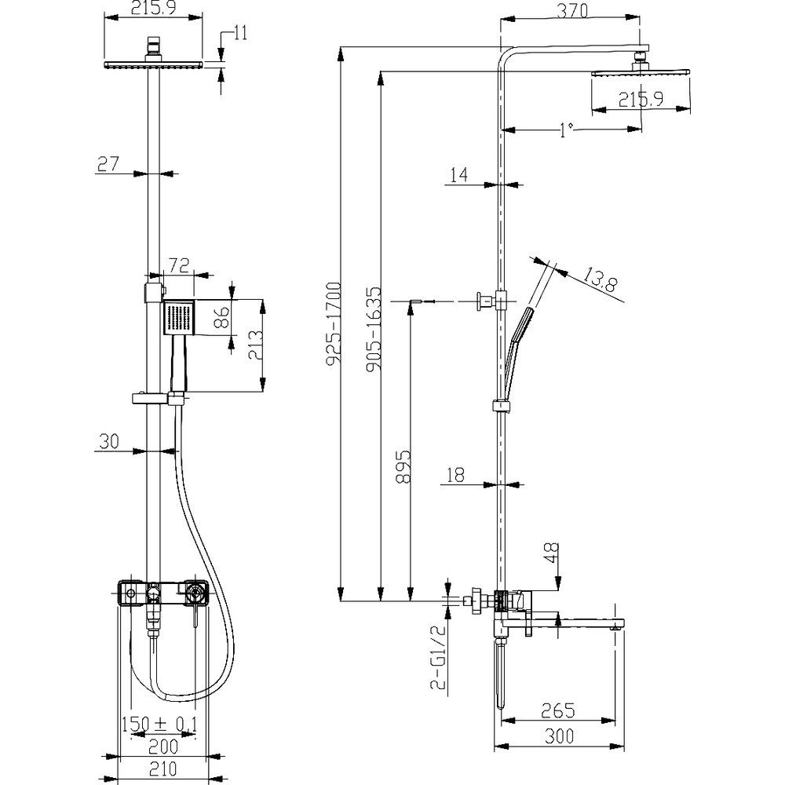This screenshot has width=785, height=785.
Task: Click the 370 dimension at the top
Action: coord(572,10)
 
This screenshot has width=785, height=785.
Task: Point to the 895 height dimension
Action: coord(403,466)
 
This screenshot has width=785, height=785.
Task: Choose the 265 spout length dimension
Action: coord(558,710)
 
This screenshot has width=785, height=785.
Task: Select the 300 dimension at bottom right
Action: coord(559,736)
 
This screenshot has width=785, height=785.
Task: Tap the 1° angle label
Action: coord(566,130)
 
